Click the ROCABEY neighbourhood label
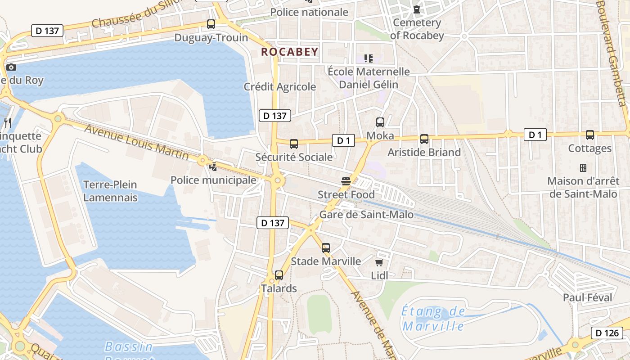click(290, 52)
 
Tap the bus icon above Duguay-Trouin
click(211, 24)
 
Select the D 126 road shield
click(607, 333)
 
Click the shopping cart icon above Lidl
click(379, 262)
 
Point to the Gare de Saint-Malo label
click(366, 215)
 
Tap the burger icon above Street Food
click(346, 182)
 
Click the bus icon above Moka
click(380, 122)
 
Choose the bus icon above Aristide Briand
click(424, 139)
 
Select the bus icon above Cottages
click(590, 135)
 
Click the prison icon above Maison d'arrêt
click(583, 168)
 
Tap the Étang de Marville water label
click(433, 318)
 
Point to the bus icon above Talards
click(279, 275)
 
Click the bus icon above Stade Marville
click(326, 248)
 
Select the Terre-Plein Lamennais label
click(110, 191)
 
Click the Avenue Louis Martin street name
click(136, 141)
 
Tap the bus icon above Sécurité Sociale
click(294, 144)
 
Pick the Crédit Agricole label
click(280, 87)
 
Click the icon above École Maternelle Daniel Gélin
click(369, 58)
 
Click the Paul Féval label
click(588, 297)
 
